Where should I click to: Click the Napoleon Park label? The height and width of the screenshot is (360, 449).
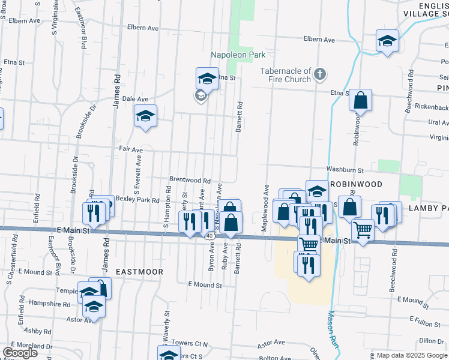238,55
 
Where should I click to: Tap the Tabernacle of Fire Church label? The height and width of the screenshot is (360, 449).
285,75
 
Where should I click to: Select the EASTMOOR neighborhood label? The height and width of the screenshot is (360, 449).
139,272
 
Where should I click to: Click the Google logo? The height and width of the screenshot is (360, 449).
20,353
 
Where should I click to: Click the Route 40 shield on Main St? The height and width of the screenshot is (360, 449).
209,237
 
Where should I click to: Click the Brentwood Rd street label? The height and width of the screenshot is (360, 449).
190,180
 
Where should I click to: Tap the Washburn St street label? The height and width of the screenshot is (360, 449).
345,170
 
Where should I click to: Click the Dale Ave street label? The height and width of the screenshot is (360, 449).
135,99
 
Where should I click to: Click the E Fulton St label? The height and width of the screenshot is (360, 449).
425,322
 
